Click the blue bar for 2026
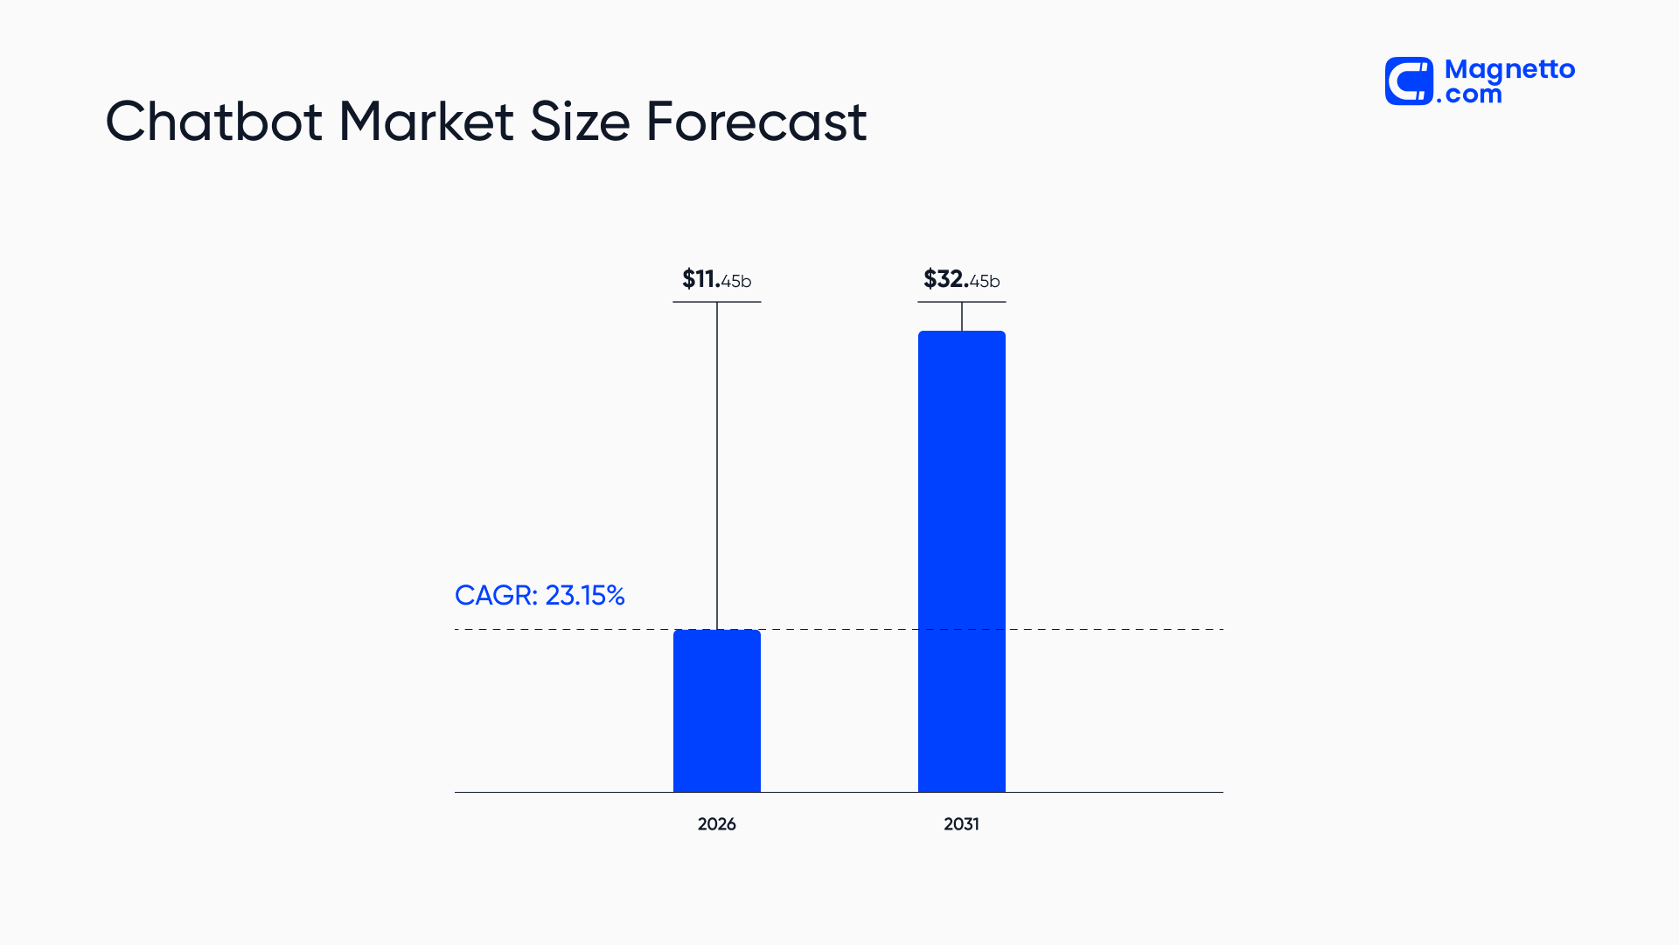pyautogui.click(x=716, y=710)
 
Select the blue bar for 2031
pyautogui.click(x=961, y=561)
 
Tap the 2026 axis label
pyautogui.click(x=716, y=824)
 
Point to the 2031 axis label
pyautogui.click(x=961, y=824)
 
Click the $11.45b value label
pyautogui.click(x=716, y=279)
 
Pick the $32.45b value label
pyautogui.click(x=961, y=279)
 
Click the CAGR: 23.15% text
pyautogui.click(x=540, y=595)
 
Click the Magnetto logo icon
pyautogui.click(x=1409, y=81)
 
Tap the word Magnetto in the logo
pyautogui.click(x=1509, y=69)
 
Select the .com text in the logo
pyautogui.click(x=1469, y=94)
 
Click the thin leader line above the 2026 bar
pyautogui.click(x=717, y=464)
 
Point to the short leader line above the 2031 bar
pyautogui.click(x=962, y=316)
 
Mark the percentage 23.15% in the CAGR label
pyautogui.click(x=585, y=595)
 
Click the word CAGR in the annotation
pyautogui.click(x=495, y=595)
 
